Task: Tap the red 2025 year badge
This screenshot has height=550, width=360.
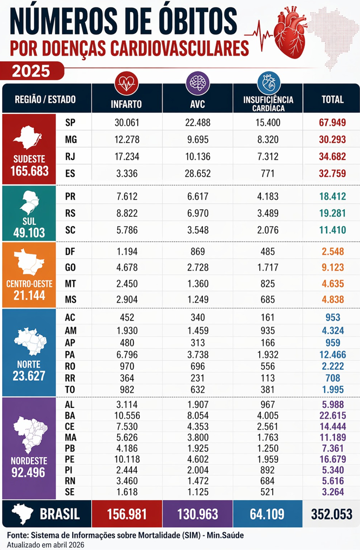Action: click(30, 71)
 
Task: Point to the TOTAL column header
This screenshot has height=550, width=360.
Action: click(332, 100)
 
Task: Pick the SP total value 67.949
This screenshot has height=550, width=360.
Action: click(332, 122)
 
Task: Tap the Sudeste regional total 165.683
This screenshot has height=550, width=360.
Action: click(29, 172)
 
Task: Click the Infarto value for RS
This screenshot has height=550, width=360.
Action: click(127, 214)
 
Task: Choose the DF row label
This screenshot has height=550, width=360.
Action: click(70, 251)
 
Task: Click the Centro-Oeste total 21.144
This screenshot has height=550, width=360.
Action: click(29, 296)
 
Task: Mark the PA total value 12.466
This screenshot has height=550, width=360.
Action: click(332, 353)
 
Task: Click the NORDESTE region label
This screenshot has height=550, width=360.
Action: click(29, 461)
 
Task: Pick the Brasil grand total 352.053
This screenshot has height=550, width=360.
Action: click(332, 514)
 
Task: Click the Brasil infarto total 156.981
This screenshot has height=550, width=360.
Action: click(127, 514)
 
